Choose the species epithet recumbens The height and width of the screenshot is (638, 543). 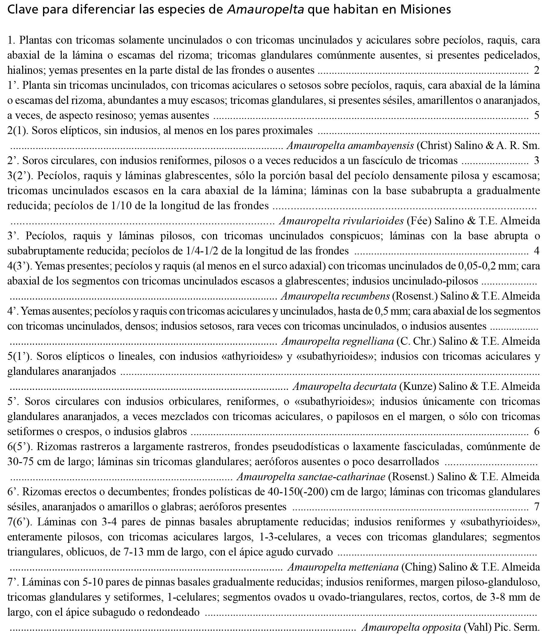tap(366, 296)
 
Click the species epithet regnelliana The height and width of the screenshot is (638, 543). tap(368, 341)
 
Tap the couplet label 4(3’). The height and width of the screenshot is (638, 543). tap(20, 266)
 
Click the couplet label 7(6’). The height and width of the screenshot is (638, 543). tap(20, 522)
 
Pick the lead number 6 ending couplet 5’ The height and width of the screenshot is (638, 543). tap(537, 431)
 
